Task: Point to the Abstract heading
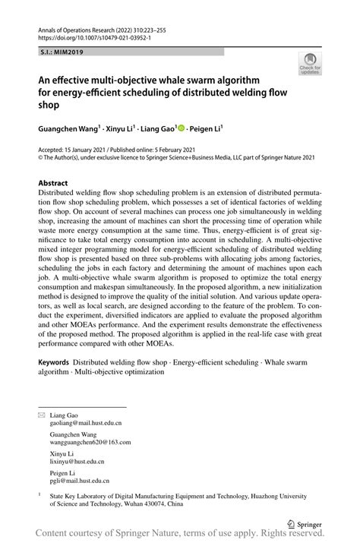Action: click(53, 184)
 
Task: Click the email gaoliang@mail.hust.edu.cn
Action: click(85, 424)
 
